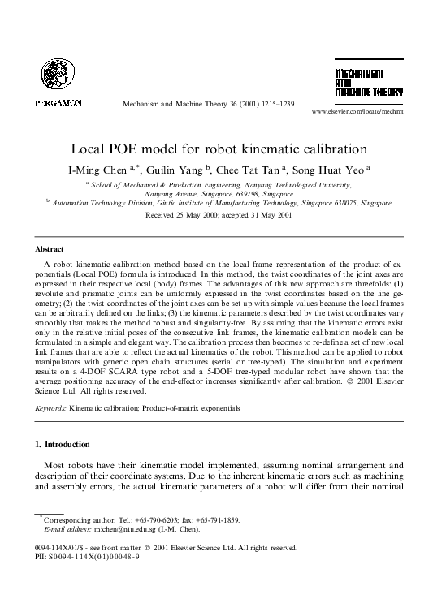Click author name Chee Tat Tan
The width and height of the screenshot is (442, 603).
(x=258, y=169)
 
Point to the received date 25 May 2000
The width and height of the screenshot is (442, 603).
(x=180, y=216)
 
